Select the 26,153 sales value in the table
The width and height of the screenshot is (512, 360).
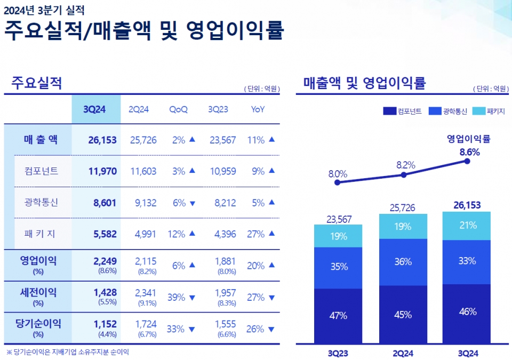[102, 140]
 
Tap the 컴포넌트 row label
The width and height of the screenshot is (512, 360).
[41, 171]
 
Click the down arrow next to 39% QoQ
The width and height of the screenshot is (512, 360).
[193, 298]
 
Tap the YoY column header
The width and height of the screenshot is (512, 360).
[258, 109]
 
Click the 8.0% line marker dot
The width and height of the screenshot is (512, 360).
[337, 182]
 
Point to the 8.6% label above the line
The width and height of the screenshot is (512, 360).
[469, 151]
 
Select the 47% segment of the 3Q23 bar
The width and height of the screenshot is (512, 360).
[338, 316]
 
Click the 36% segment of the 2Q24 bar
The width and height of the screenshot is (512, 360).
[403, 262]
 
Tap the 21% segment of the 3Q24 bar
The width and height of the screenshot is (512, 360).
[467, 226]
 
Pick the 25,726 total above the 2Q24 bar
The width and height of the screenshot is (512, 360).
[403, 207]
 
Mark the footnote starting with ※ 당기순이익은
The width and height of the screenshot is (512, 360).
[68, 352]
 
